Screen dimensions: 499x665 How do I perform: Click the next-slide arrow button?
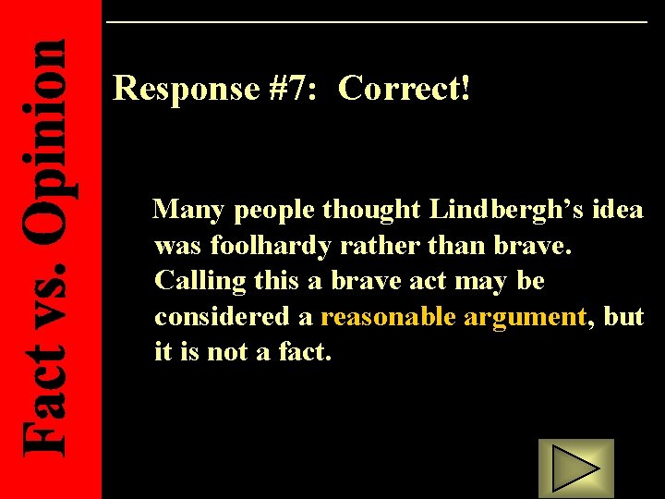(575, 468)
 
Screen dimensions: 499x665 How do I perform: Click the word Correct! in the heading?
(405, 89)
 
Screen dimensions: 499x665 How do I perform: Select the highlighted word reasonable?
(388, 317)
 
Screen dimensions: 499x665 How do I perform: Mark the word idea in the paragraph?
(619, 211)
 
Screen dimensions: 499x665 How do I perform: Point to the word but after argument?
(623, 317)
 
